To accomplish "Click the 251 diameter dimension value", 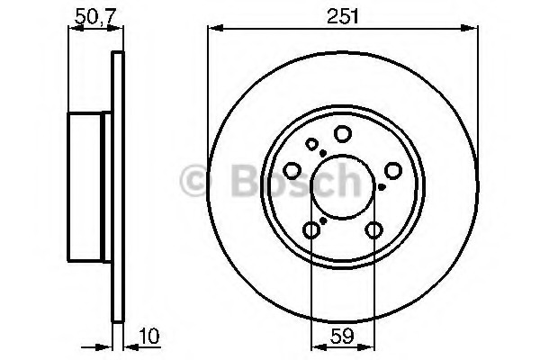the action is pos(343,16).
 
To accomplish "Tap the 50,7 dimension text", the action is pos(94,16).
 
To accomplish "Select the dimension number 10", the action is pos(149,337).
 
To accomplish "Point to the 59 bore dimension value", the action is pos(342,337).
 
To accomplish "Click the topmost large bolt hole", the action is pos(343,134).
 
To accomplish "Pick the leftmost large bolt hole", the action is pos(292,170).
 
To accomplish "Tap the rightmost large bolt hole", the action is pos(393,170).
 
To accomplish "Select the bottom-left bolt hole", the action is pos(311,230).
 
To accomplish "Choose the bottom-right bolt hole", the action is pos(373,230).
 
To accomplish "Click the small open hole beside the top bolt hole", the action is pos(312,144).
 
